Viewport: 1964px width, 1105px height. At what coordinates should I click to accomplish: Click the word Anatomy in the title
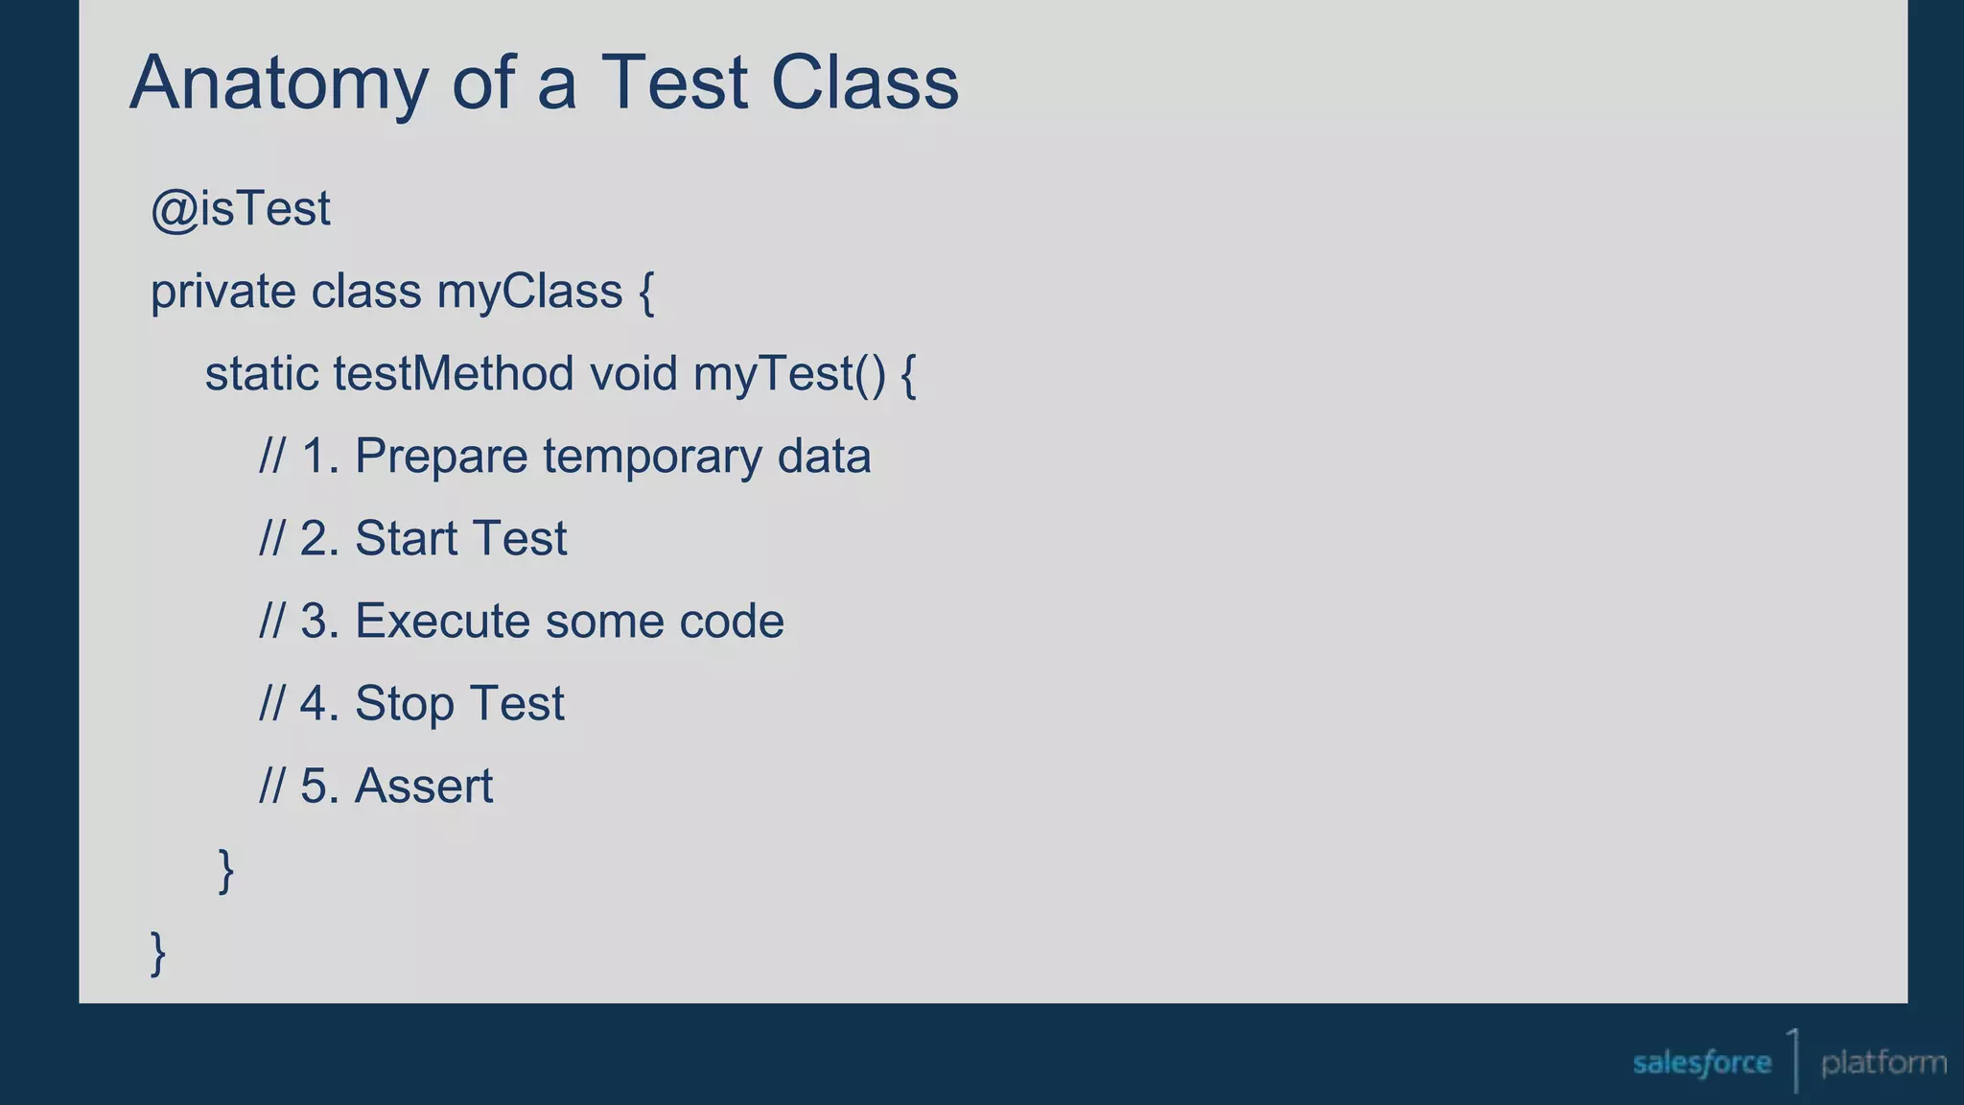(279, 84)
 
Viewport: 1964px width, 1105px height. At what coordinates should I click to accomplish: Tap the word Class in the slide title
(864, 82)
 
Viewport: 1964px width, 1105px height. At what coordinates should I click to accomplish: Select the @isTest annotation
(241, 209)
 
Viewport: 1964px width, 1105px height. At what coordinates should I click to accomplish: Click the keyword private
(223, 292)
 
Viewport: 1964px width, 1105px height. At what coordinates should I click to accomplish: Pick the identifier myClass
(529, 292)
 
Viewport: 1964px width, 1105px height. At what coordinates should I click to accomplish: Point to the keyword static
(261, 374)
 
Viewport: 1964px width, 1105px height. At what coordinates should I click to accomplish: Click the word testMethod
(454, 374)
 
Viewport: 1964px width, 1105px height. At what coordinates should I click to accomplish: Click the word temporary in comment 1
(651, 457)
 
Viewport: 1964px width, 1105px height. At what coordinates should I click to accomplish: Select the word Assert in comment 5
(423, 787)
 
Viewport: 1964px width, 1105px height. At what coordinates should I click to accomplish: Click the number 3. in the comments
(319, 621)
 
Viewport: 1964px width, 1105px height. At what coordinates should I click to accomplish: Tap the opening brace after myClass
(646, 293)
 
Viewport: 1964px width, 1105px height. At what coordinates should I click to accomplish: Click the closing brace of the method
(226, 870)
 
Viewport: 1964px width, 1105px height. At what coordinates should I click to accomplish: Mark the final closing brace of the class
(159, 952)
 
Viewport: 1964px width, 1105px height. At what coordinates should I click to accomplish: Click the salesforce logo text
(1701, 1063)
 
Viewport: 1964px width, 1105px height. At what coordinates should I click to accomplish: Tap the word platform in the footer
(1883, 1063)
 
